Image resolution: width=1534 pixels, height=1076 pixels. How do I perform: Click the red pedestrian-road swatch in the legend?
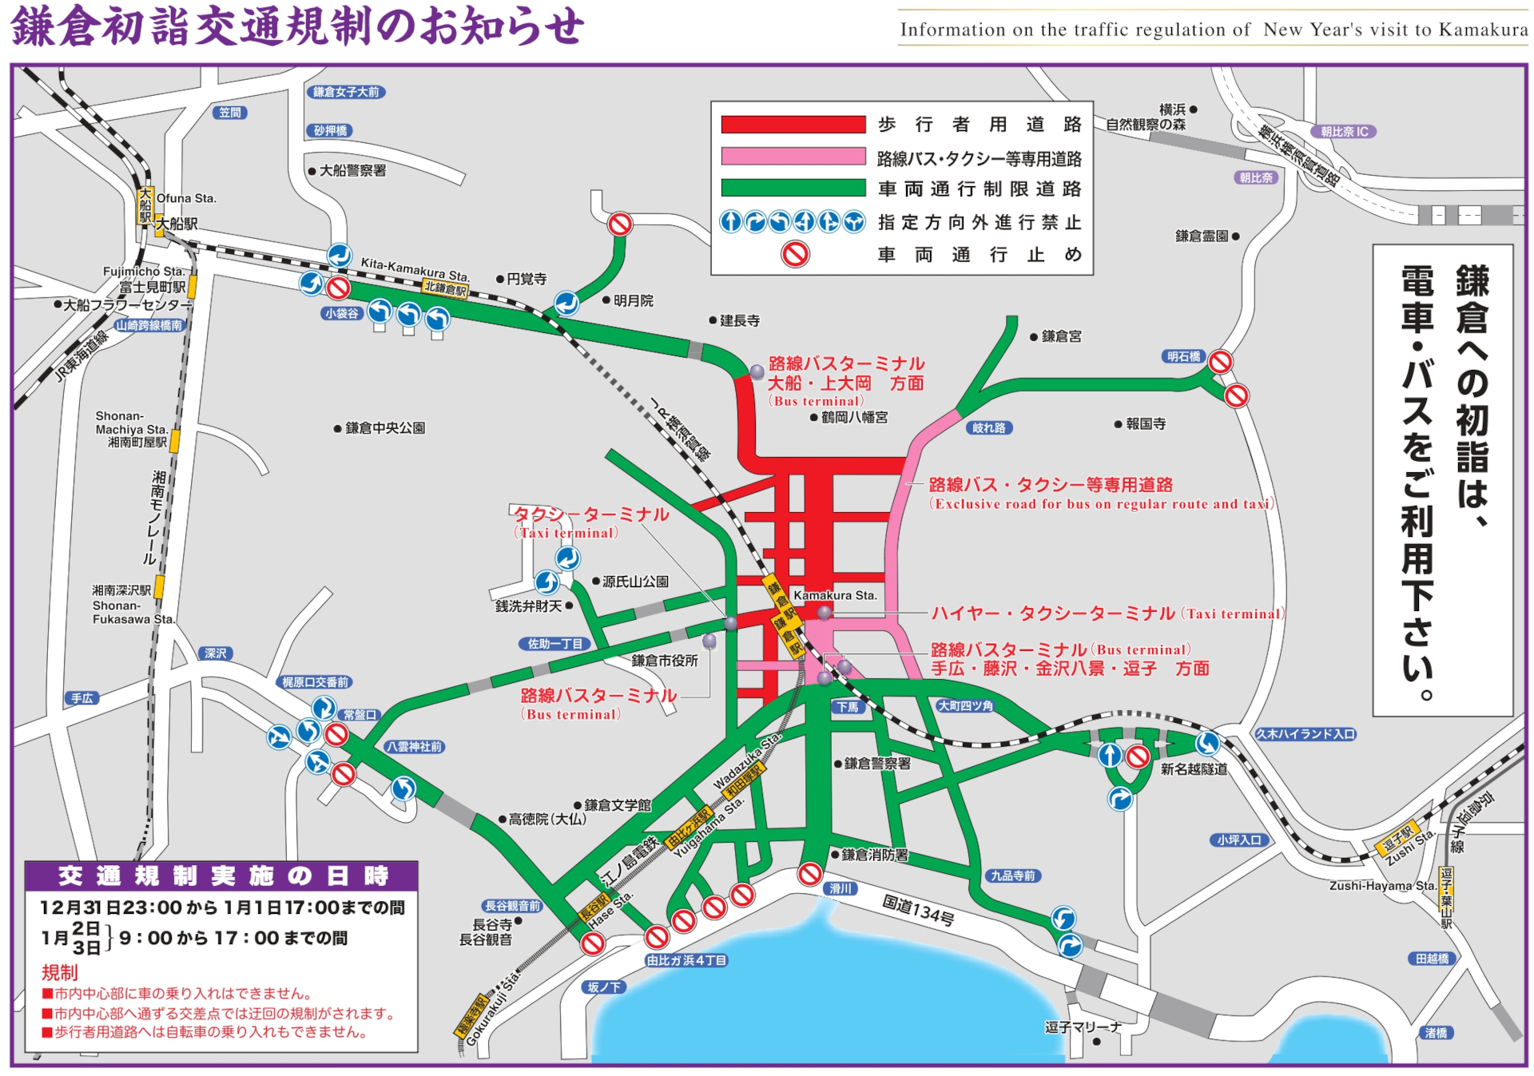pyautogui.click(x=793, y=125)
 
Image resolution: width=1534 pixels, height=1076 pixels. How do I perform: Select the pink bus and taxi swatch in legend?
pyautogui.click(x=793, y=157)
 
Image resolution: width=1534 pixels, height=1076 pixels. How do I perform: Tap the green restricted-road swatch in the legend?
pyautogui.click(x=793, y=189)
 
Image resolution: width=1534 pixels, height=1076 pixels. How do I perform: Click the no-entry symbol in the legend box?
pyautogui.click(x=795, y=254)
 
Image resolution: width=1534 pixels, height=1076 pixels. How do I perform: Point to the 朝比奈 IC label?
pyautogui.click(x=1344, y=132)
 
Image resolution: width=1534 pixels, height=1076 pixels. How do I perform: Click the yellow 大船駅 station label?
pyautogui.click(x=145, y=205)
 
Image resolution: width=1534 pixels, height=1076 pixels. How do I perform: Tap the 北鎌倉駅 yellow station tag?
pyautogui.click(x=445, y=288)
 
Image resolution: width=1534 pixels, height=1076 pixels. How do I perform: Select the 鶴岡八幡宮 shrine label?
pyautogui.click(x=854, y=417)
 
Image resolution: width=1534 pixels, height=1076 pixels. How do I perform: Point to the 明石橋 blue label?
pyautogui.click(x=1183, y=356)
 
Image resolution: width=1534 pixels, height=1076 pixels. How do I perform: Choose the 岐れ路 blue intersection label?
pyautogui.click(x=989, y=428)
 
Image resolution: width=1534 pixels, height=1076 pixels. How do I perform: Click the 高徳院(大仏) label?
pyautogui.click(x=547, y=819)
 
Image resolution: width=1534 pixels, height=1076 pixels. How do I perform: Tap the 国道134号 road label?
pyautogui.click(x=918, y=910)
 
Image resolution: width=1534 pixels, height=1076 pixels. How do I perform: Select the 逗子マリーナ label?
pyautogui.click(x=1083, y=1027)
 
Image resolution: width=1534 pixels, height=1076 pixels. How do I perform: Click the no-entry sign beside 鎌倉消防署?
pyautogui.click(x=809, y=874)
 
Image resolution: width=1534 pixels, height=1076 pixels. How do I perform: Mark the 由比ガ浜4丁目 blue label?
pyautogui.click(x=686, y=960)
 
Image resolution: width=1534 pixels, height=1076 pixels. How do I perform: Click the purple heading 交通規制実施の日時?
pyautogui.click(x=222, y=876)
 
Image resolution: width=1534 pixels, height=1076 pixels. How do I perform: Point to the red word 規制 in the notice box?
pyautogui.click(x=60, y=972)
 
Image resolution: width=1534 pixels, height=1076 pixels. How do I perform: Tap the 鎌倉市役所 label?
pyautogui.click(x=665, y=661)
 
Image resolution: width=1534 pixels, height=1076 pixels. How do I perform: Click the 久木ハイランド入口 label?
pyautogui.click(x=1305, y=734)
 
